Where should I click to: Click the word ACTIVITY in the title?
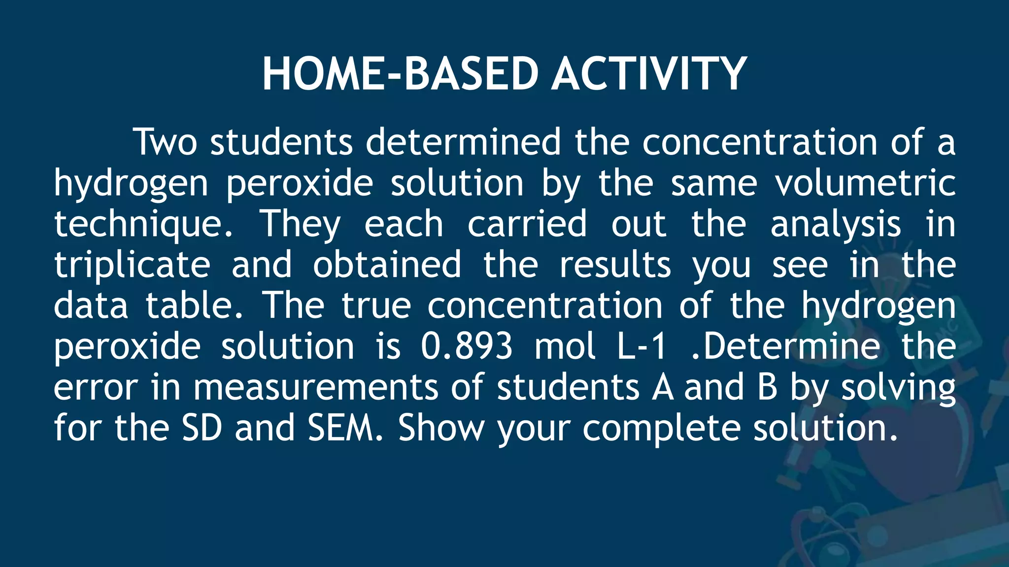[649, 74]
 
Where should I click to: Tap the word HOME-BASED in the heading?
[400, 74]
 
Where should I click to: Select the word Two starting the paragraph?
[166, 142]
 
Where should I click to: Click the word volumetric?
[865, 183]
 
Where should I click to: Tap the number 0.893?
[467, 346]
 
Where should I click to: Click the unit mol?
[565, 346]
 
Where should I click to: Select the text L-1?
[642, 346]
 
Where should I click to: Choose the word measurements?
[315, 387]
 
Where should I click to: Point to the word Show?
[441, 428]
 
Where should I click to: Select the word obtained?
[387, 265]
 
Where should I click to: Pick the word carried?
[527, 224]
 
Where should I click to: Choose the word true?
[376, 306]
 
